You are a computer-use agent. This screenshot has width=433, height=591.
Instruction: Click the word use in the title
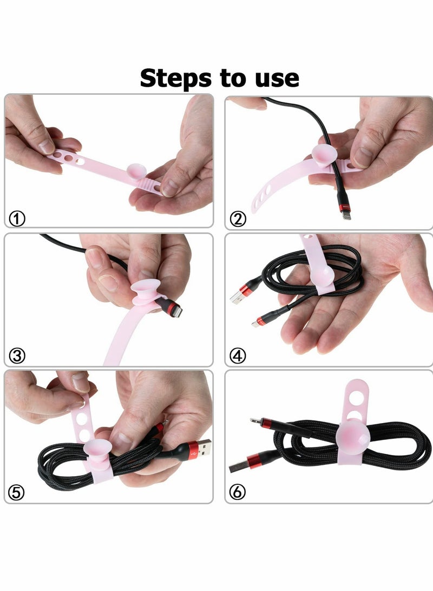pyautogui.click(x=274, y=79)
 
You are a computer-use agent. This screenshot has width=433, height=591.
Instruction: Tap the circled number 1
pyautogui.click(x=17, y=219)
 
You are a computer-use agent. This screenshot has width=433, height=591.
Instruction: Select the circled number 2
pyautogui.click(x=238, y=219)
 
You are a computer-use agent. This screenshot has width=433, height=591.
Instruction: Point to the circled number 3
pyautogui.click(x=17, y=356)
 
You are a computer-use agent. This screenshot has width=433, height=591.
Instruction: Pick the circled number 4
pyautogui.click(x=238, y=356)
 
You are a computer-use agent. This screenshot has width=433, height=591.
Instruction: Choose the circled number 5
pyautogui.click(x=17, y=492)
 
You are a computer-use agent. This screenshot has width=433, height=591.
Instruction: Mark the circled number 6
pyautogui.click(x=238, y=492)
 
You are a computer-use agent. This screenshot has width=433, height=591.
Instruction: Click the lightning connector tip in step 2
pyautogui.click(x=346, y=215)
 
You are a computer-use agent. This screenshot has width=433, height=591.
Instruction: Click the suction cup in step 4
pyautogui.click(x=323, y=277)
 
